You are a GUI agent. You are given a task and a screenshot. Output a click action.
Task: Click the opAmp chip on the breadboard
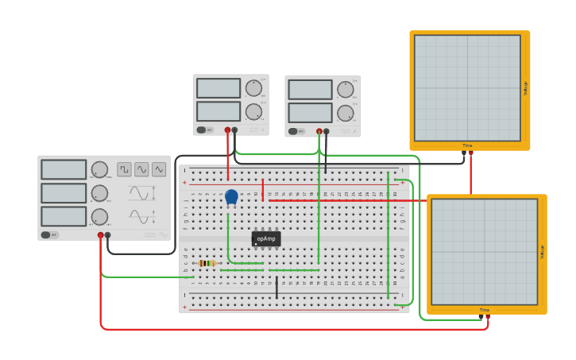266,238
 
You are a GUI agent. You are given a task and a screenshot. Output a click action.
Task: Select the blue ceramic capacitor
231,196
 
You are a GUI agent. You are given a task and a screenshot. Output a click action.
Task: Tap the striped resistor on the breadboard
207,263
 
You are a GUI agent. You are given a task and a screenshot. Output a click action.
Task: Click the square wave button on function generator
125,169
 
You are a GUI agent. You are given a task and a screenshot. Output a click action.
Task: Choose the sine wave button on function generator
141,169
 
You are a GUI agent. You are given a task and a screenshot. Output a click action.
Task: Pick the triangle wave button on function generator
159,169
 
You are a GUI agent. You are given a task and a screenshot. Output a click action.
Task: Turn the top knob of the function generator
99,169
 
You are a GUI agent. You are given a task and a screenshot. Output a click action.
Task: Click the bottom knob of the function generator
99,217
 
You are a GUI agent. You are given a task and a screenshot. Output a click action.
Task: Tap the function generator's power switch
48,235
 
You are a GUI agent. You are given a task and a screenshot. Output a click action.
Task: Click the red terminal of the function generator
100,235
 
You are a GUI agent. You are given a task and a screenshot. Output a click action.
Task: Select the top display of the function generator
64,169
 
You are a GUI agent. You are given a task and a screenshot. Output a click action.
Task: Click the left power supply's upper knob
253,87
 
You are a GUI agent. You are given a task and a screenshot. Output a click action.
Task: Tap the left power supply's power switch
203,130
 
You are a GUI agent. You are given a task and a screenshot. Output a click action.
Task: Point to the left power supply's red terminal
227,130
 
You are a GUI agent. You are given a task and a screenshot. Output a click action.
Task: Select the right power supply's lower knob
345,113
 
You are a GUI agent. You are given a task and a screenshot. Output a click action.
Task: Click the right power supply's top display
310,89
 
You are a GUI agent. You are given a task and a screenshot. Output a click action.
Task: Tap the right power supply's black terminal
327,131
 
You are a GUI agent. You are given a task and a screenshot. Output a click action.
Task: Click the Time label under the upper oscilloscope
467,145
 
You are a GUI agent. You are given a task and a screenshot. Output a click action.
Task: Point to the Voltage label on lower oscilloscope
542,251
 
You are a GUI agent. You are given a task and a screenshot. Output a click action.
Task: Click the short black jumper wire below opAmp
276,288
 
